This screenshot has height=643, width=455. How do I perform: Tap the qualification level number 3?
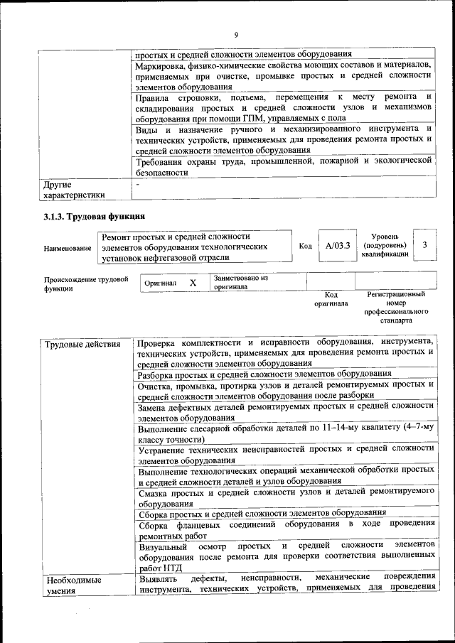click(424, 245)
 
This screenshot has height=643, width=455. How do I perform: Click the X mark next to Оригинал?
click(193, 283)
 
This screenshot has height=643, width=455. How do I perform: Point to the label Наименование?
click(68, 247)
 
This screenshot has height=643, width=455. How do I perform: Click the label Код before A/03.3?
click(305, 247)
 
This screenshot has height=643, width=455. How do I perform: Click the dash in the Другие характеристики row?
click(139, 183)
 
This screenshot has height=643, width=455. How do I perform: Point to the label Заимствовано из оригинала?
click(240, 283)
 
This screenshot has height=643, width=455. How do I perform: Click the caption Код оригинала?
click(331, 298)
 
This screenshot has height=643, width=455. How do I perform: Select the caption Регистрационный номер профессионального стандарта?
click(396, 307)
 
